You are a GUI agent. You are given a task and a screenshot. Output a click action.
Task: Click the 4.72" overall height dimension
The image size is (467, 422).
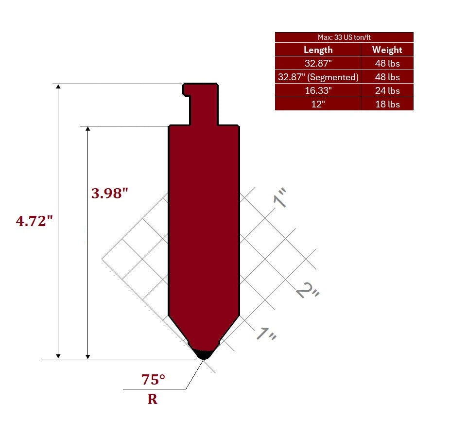point(34,221)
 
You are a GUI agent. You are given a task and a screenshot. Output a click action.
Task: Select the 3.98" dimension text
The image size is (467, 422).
point(110,193)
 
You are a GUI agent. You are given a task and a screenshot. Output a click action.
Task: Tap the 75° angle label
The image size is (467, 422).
point(153,380)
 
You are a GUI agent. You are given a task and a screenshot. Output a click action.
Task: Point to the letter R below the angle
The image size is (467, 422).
point(153,399)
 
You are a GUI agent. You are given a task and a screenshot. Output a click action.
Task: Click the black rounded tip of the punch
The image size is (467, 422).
point(204,354)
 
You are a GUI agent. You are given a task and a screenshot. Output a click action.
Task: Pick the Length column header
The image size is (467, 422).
point(318,50)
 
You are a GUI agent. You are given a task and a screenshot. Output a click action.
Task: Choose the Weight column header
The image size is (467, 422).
point(387,50)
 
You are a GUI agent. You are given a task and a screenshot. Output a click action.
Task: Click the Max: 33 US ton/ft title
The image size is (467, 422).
point(344,37)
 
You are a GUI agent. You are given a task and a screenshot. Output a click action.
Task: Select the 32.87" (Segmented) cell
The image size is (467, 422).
point(318,77)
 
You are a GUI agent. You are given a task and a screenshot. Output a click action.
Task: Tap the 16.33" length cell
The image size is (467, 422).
point(318,90)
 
